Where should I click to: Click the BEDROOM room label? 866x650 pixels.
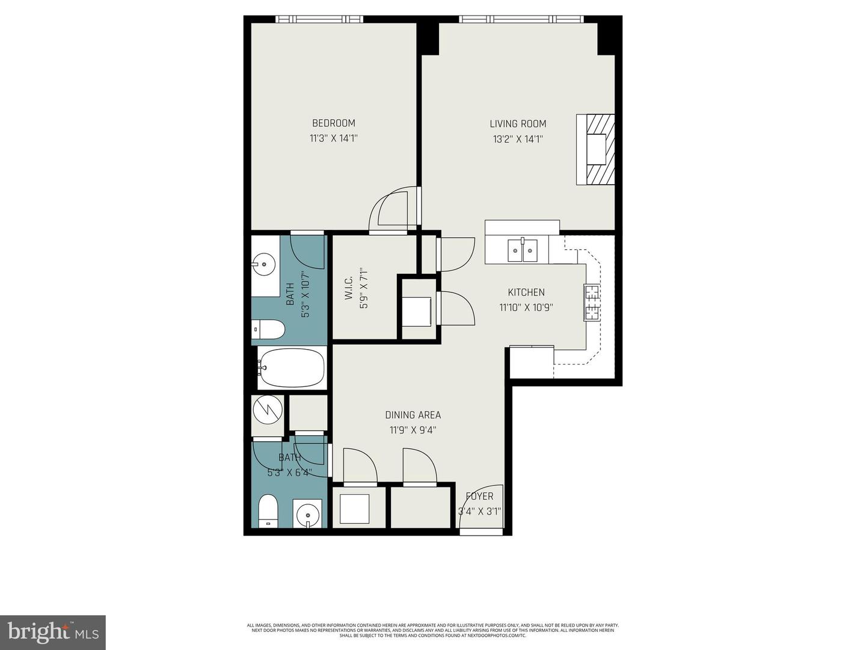click(333, 123)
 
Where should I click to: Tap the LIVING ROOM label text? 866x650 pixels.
click(518, 124)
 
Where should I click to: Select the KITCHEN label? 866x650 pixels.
click(526, 292)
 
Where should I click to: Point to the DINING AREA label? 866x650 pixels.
click(413, 415)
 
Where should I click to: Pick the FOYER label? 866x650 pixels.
click(479, 497)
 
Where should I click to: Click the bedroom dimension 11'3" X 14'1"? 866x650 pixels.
click(333, 138)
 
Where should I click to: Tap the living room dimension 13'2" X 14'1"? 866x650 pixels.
click(518, 139)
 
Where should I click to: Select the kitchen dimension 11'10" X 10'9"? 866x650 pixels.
click(526, 308)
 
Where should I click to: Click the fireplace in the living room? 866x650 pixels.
click(596, 149)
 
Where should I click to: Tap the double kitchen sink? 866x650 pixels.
click(522, 251)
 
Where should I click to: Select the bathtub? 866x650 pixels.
click(292, 367)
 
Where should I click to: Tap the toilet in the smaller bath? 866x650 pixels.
click(268, 512)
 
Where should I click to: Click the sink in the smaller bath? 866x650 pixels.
click(308, 515)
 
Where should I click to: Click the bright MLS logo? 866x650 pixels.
click(53, 632)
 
